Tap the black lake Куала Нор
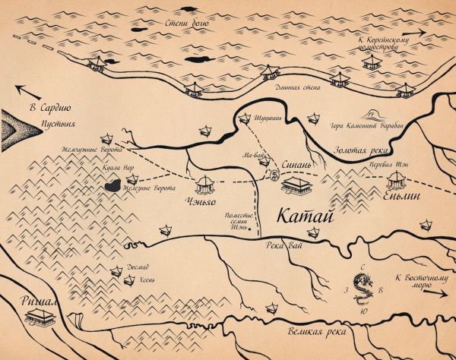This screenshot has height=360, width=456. coord(111,185)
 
